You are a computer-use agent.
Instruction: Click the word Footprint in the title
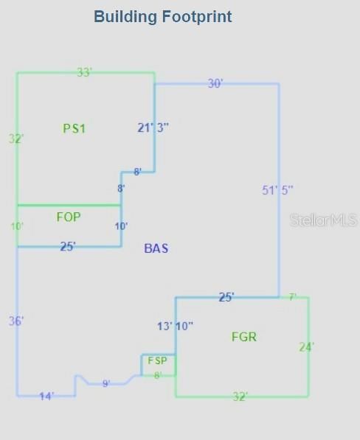pyautogui.click(x=197, y=17)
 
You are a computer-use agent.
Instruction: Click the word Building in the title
pyautogui.click(x=125, y=17)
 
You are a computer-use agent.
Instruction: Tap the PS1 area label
pyautogui.click(x=74, y=128)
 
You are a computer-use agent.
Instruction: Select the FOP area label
pyautogui.click(x=69, y=217)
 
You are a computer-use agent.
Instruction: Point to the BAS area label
pyautogui.click(x=156, y=248)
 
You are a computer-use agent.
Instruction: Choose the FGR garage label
pyautogui.click(x=244, y=337)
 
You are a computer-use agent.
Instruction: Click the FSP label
pyautogui.click(x=157, y=360)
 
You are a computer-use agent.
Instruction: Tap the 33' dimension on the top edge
pyautogui.click(x=85, y=72)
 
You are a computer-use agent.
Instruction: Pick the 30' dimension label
pyautogui.click(x=215, y=83)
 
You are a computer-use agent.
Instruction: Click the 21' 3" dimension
pyautogui.click(x=153, y=128)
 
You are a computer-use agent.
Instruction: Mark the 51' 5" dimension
pyautogui.click(x=277, y=190)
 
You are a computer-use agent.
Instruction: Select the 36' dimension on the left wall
pyautogui.click(x=16, y=321)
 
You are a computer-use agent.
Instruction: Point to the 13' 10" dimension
pyautogui.click(x=176, y=326)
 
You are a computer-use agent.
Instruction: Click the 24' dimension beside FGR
pyautogui.click(x=307, y=347)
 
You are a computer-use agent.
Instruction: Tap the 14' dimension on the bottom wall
pyautogui.click(x=46, y=397)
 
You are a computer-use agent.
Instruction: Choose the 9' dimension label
pyautogui.click(x=106, y=383)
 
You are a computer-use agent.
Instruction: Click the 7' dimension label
pyautogui.click(x=293, y=297)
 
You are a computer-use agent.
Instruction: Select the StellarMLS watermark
pyautogui.click(x=324, y=220)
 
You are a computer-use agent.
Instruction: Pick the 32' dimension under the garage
pyautogui.click(x=240, y=397)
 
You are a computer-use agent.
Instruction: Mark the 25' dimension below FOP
pyautogui.click(x=68, y=246)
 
